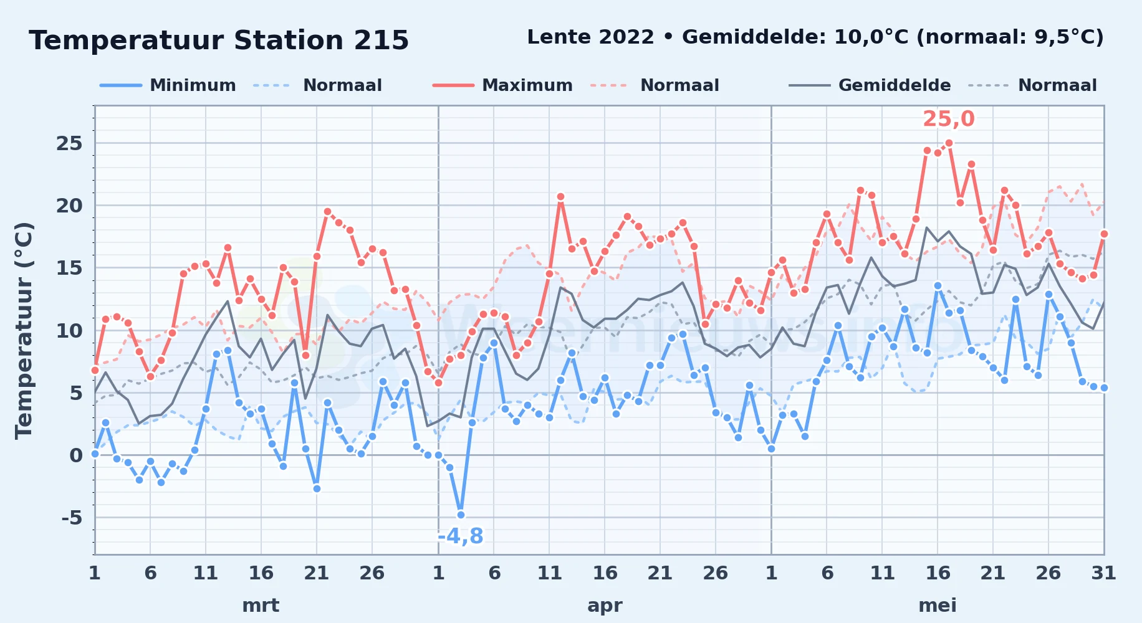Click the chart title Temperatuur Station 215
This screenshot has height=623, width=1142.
[219, 40]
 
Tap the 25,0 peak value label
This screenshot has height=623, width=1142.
[948, 119]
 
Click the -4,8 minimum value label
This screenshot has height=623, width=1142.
[460, 536]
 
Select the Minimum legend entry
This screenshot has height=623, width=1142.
[168, 85]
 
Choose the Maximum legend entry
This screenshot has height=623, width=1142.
[502, 85]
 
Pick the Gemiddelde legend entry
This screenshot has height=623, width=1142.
[870, 85]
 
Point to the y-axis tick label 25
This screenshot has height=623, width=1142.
[69, 143]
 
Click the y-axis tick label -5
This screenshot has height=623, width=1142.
[71, 517]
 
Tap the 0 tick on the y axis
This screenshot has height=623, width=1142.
[76, 455]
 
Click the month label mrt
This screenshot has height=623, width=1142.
[261, 605]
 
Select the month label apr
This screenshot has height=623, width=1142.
[605, 606]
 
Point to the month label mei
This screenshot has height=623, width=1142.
[938, 605]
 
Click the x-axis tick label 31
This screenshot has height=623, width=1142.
[1103, 573]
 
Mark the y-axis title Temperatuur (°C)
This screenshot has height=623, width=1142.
[24, 330]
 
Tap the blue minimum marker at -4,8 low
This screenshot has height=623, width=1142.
[461, 515]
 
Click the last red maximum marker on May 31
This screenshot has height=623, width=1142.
[1104, 234]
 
